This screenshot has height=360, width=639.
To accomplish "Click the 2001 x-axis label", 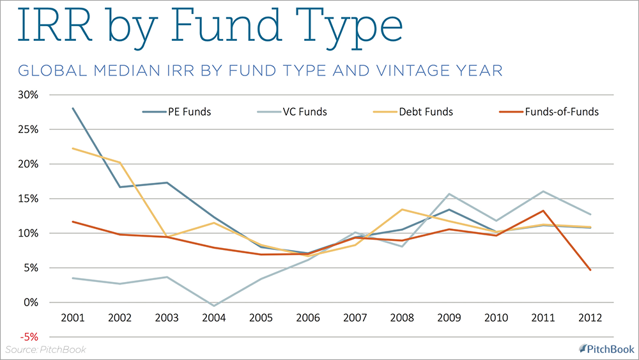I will click(x=73, y=318).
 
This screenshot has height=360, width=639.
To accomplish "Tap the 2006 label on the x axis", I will click(x=309, y=318).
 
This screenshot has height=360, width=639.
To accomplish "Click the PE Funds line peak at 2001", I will click(x=73, y=108).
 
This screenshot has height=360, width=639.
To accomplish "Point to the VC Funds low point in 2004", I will click(x=214, y=306).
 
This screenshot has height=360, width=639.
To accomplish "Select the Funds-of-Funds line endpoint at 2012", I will click(x=590, y=270).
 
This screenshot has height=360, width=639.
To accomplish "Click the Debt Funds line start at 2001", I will click(x=73, y=148).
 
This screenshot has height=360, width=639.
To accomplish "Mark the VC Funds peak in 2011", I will click(x=543, y=191).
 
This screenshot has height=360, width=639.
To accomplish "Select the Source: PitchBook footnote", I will click(x=45, y=349).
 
